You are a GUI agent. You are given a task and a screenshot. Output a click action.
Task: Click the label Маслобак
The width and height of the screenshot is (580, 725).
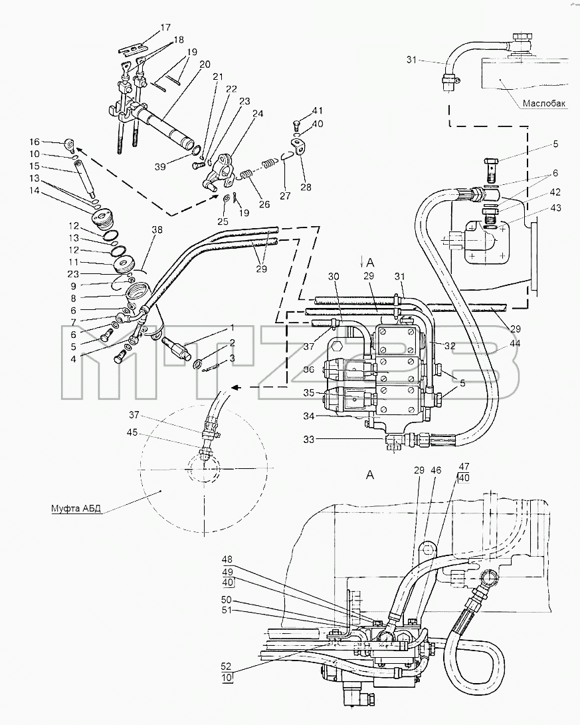(x=544, y=104)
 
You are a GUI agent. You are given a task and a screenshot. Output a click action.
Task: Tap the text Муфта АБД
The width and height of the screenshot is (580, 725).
(x=76, y=509)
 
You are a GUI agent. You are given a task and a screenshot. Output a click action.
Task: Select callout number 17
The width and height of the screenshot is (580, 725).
(x=165, y=28)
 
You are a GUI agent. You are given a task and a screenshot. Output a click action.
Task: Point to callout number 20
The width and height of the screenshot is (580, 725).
(x=205, y=64)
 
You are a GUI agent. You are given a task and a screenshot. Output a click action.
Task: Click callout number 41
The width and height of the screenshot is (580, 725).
(x=318, y=111)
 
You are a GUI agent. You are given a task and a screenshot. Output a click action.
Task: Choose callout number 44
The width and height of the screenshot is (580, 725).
(x=516, y=343)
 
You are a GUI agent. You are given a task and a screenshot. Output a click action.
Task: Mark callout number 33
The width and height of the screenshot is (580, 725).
(x=308, y=439)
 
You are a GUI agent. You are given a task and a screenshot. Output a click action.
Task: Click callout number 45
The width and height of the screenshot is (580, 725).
(x=132, y=432)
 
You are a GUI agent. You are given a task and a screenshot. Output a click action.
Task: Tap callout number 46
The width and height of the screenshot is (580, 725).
(x=435, y=470)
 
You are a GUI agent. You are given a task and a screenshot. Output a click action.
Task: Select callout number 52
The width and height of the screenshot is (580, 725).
(x=227, y=666)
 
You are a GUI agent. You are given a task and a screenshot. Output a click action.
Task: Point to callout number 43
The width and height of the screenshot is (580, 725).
(x=555, y=208)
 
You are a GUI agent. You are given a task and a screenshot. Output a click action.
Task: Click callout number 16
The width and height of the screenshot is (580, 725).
(x=35, y=142)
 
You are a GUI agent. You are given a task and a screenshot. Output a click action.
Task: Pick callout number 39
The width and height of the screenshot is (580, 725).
(x=160, y=166)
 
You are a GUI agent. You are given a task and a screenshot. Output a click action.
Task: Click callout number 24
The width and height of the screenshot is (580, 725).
(x=258, y=113)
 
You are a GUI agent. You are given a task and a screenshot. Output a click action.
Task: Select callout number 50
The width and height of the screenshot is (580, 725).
(x=227, y=601)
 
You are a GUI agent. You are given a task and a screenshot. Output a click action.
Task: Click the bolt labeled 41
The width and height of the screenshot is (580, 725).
(x=298, y=125)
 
